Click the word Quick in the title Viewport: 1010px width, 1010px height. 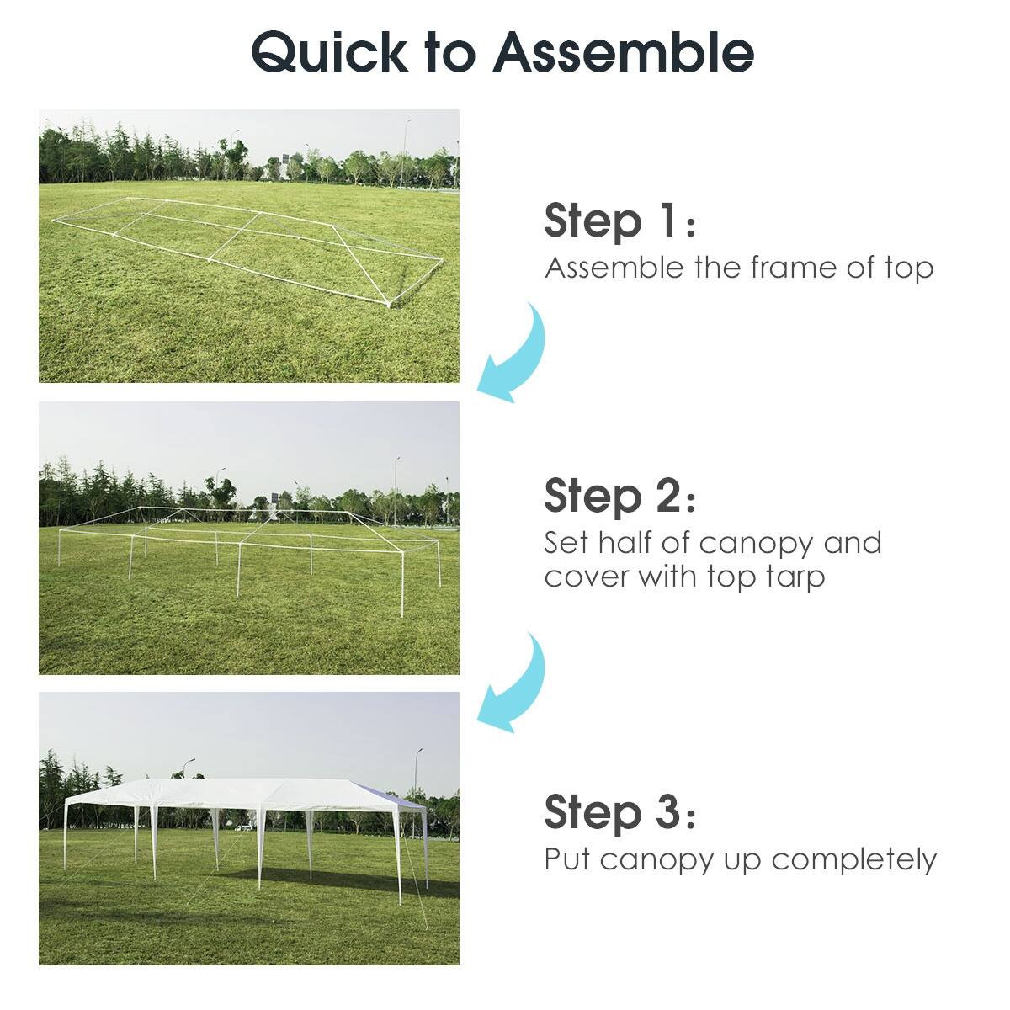pos(328,52)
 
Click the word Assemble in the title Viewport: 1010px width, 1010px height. pos(624,52)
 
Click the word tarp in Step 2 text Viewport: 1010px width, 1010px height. pos(790,577)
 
